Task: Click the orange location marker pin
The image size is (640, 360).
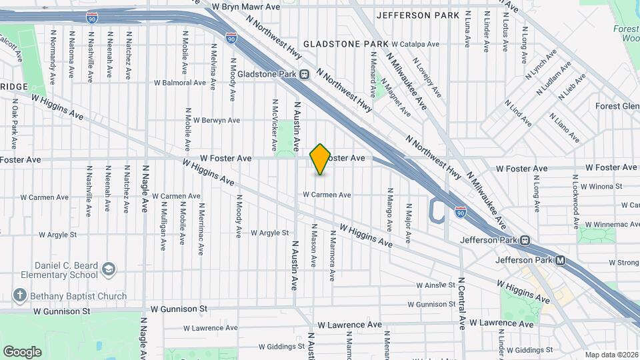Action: pyautogui.click(x=320, y=159)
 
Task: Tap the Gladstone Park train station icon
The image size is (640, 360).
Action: pyautogui.click(x=304, y=74)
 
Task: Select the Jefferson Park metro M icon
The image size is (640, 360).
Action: pyautogui.click(x=560, y=261)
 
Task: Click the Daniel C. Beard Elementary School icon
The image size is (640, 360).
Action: pyautogui.click(x=108, y=269)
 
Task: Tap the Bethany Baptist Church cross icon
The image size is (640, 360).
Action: pyautogui.click(x=21, y=295)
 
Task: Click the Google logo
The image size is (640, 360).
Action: pyautogui.click(x=22, y=351)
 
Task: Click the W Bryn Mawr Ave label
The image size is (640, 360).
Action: pyautogui.click(x=242, y=6)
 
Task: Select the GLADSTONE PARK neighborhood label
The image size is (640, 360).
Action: pyautogui.click(x=345, y=44)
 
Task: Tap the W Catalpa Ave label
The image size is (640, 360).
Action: pyautogui.click(x=415, y=44)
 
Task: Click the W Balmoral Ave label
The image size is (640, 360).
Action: pyautogui.click(x=179, y=83)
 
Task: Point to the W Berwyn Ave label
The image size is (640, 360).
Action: pyautogui.click(x=215, y=120)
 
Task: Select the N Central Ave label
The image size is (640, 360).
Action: pyautogui.click(x=461, y=303)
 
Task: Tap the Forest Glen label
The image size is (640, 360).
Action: pyautogui.click(x=617, y=106)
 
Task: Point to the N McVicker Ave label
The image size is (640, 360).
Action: pyautogui.click(x=274, y=125)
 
